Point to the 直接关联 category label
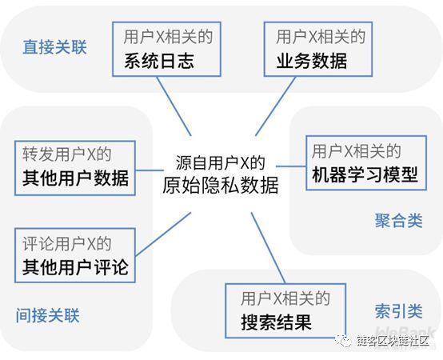[x=54, y=47]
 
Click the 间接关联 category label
[x=47, y=315]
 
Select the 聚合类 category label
[x=399, y=221]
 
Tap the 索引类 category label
[x=399, y=311]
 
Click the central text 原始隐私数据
[x=221, y=186]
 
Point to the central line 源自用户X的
[x=221, y=162]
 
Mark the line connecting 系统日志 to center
[x=174, y=106]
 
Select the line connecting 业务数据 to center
[x=275, y=106]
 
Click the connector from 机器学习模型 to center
[x=291, y=166]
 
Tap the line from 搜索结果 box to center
[x=268, y=248]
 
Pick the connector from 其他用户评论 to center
[x=163, y=234]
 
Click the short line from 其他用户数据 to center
[x=150, y=170]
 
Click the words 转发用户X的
[x=67, y=154]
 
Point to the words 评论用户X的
[x=67, y=243]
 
